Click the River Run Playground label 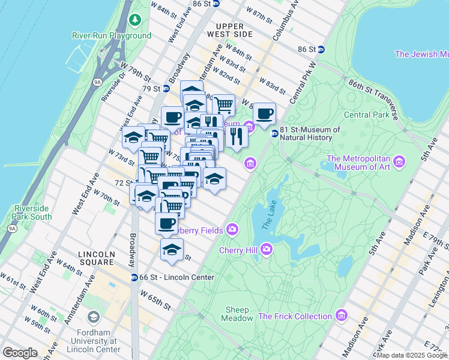click(112, 35)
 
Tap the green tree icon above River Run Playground click(136, 21)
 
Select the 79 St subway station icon click(166, 89)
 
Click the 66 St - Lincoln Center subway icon click(134, 277)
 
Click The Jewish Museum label click(421, 54)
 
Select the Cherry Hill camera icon click(266, 248)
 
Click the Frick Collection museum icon click(342, 316)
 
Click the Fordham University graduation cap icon click(94, 317)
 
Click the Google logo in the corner click(21, 352)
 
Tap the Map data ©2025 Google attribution click(411, 355)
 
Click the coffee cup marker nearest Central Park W click(264, 114)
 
